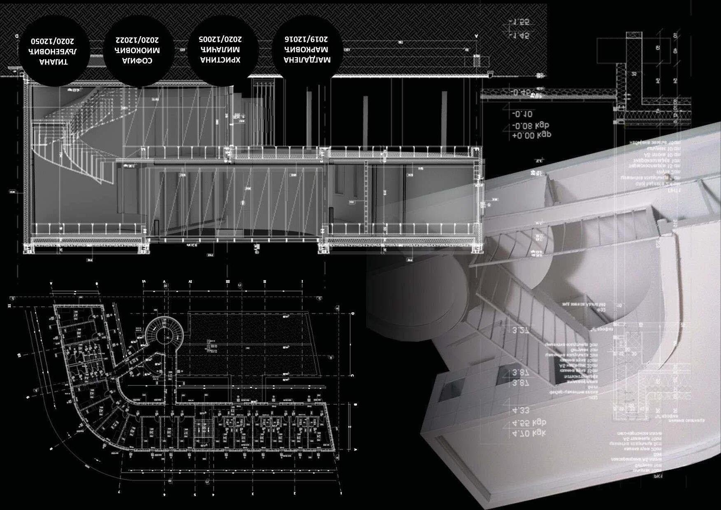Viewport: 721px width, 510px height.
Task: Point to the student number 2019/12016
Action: pyautogui.click(x=306, y=39)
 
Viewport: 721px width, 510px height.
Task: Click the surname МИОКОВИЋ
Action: pyautogui.click(x=138, y=51)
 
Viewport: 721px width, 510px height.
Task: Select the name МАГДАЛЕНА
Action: pyautogui.click(x=307, y=60)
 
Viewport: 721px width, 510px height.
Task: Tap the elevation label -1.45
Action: pyautogui.click(x=519, y=36)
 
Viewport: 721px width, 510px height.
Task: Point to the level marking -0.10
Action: pyautogui.click(x=522, y=114)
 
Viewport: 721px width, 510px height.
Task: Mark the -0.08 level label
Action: pyautogui.click(x=531, y=126)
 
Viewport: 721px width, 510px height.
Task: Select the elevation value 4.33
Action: pyautogui.click(x=521, y=410)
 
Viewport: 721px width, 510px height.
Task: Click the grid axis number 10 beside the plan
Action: pyautogui.click(x=19, y=355)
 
